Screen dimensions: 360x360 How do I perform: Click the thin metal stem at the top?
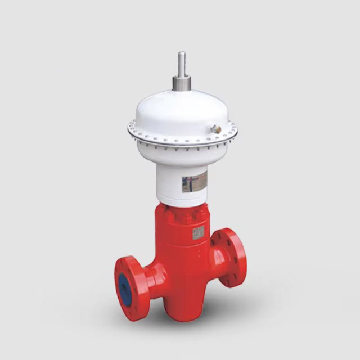[182, 65]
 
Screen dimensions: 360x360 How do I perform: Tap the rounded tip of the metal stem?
[182, 53]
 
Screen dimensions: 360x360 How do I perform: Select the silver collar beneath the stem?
[182, 83]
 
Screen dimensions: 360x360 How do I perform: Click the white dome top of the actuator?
[181, 110]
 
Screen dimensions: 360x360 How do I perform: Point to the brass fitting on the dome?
[215, 129]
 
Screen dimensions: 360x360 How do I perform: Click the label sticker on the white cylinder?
[194, 182]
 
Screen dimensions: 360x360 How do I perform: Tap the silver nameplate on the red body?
[198, 233]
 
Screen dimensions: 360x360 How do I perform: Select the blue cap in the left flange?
[125, 290]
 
